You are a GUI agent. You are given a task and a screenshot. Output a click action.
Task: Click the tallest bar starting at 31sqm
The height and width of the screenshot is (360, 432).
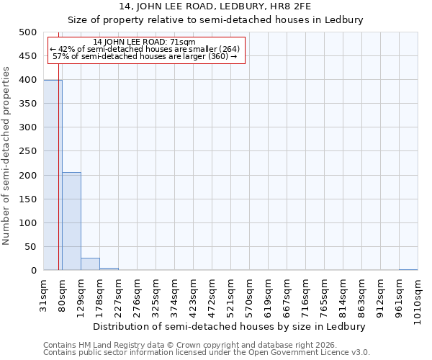53,175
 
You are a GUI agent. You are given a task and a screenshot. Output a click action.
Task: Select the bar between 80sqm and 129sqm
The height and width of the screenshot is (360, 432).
71,221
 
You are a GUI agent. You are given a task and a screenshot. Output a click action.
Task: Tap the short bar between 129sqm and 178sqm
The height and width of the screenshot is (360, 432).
90,264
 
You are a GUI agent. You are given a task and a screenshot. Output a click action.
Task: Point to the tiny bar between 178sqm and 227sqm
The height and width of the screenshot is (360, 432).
109,269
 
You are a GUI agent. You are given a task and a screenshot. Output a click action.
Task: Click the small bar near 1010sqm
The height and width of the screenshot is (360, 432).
408,270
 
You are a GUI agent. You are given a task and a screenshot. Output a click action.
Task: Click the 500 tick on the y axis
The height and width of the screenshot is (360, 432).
28,32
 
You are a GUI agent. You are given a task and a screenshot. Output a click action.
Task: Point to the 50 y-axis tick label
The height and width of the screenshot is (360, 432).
31,247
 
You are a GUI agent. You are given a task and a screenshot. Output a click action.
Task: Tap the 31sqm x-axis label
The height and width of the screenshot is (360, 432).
44,294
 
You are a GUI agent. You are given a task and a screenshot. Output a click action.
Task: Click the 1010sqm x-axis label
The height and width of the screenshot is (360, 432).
418,299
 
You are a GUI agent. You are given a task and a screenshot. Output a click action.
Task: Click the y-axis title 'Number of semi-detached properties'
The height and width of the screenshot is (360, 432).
7,156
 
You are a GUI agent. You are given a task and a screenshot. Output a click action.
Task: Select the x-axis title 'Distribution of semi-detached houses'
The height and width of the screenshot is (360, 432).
230,326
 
